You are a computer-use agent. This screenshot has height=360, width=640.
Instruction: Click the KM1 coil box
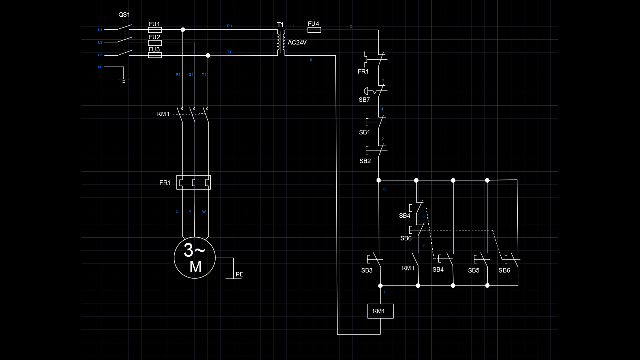(x=380, y=311)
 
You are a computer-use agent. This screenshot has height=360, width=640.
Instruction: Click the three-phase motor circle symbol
(x=194, y=258)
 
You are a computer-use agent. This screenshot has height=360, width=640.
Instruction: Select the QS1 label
(x=124, y=15)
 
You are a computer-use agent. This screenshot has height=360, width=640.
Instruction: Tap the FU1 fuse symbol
(x=155, y=30)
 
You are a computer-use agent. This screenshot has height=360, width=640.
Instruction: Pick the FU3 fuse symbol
(x=155, y=55)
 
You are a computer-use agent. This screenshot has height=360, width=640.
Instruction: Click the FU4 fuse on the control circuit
(x=314, y=30)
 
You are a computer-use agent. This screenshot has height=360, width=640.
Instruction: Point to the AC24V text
(x=297, y=43)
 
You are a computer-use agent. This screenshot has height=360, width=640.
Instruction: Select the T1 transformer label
(x=280, y=24)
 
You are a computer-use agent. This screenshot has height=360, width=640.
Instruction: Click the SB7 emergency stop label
(x=364, y=100)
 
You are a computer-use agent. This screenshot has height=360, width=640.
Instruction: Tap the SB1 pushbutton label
(x=365, y=132)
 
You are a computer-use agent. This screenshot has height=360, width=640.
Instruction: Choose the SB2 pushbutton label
(x=365, y=161)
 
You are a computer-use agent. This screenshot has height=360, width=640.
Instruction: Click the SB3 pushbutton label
(x=367, y=270)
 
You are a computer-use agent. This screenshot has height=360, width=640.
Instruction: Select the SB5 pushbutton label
(x=474, y=270)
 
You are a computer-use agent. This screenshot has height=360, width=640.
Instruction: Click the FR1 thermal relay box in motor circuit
(x=194, y=182)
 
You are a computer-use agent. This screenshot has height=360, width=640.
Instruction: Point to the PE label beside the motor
(x=240, y=274)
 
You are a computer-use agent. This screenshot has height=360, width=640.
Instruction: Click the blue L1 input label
(x=100, y=30)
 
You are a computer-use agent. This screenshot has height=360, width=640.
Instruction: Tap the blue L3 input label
(x=100, y=55)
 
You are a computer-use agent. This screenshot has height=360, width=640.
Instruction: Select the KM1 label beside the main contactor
(x=163, y=114)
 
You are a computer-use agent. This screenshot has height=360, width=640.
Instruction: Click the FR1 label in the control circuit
(x=363, y=72)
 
